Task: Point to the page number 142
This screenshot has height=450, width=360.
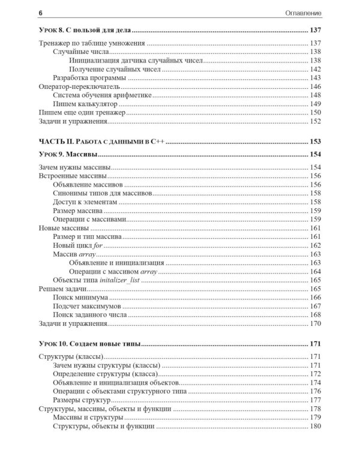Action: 316,70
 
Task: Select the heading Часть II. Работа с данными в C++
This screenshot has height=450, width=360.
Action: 101,142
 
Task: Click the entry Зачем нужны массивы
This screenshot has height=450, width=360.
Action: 71,168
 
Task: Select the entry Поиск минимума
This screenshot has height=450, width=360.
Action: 80,298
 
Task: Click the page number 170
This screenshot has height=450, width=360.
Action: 316,323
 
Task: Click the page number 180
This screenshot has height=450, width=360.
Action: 316,426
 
